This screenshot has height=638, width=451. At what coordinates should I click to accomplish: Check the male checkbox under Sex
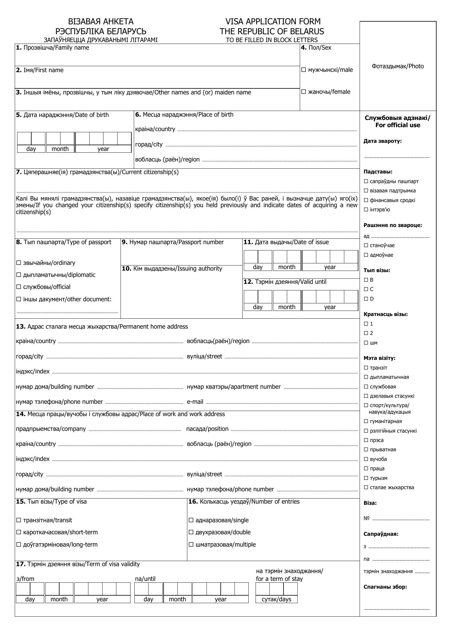(303, 70)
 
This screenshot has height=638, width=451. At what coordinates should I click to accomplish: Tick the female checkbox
(303, 92)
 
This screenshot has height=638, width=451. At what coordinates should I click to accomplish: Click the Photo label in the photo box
(397, 66)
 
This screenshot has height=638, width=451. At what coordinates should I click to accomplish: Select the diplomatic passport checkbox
(19, 275)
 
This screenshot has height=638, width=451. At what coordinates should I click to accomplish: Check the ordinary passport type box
(19, 263)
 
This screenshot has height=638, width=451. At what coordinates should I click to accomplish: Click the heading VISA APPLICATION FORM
(273, 21)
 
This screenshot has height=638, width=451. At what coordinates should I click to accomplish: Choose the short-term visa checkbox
(19, 532)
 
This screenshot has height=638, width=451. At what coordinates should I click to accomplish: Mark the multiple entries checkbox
(191, 545)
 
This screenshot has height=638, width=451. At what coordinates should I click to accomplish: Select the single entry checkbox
(191, 520)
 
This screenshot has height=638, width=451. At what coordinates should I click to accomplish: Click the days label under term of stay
(276, 599)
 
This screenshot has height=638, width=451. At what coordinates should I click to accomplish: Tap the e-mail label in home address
(195, 402)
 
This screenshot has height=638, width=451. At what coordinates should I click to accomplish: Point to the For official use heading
(397, 122)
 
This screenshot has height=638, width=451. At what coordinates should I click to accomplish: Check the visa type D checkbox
(366, 299)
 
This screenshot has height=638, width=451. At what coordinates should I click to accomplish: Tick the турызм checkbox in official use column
(366, 478)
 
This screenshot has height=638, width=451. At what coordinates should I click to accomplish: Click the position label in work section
(207, 429)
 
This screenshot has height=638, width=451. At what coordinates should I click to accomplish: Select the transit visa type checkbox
(19, 520)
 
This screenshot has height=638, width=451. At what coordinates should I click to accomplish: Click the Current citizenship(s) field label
(97, 172)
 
